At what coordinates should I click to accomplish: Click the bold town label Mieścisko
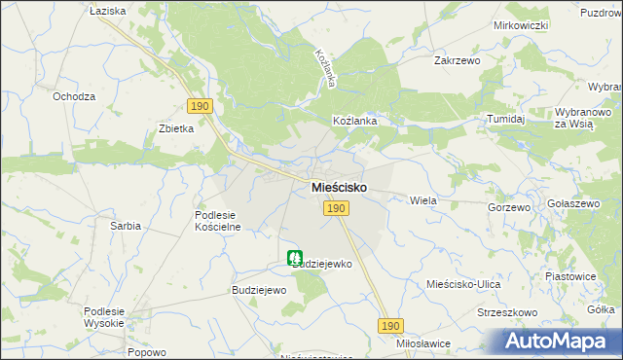[x=339, y=186]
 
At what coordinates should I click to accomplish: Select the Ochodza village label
[x=74, y=96]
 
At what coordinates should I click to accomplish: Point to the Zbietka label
[x=177, y=128]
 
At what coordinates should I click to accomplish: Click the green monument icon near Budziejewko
[x=294, y=259]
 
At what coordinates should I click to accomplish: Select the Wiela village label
[x=423, y=199]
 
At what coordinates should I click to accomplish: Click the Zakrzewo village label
[x=458, y=59]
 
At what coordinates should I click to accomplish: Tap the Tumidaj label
[x=506, y=119]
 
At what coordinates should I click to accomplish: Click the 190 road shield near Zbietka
[x=199, y=105]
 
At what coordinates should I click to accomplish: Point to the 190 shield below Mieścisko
[x=336, y=208]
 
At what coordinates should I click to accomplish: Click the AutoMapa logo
[x=559, y=341]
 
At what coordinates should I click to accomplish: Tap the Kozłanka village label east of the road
[x=354, y=121]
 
